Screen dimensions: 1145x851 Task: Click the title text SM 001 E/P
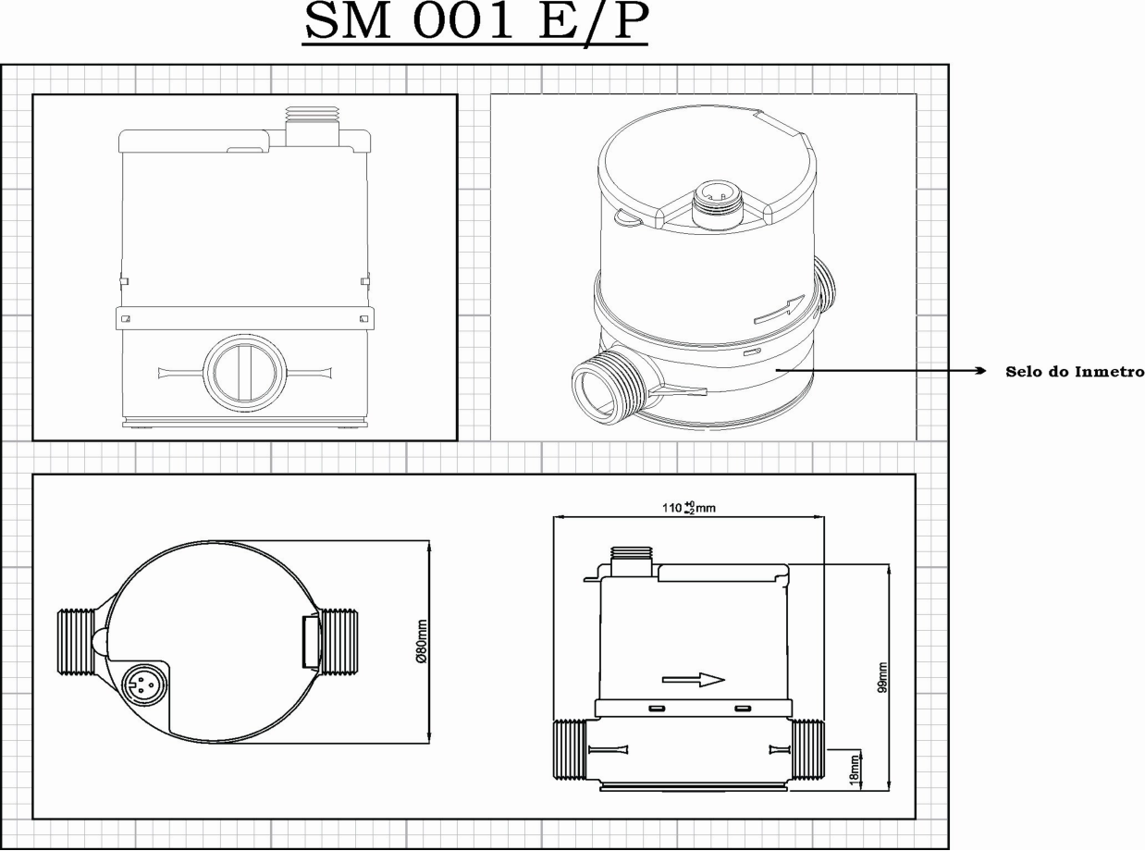pos(476,21)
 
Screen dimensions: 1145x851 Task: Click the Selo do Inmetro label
pos(1075,371)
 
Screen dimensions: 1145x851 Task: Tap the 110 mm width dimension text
pos(689,508)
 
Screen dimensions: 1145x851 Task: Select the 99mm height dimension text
pos(882,677)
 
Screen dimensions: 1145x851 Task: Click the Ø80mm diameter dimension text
pos(422,641)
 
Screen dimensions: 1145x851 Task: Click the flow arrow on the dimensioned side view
pos(694,680)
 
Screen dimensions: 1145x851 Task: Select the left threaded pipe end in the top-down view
pos(76,642)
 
